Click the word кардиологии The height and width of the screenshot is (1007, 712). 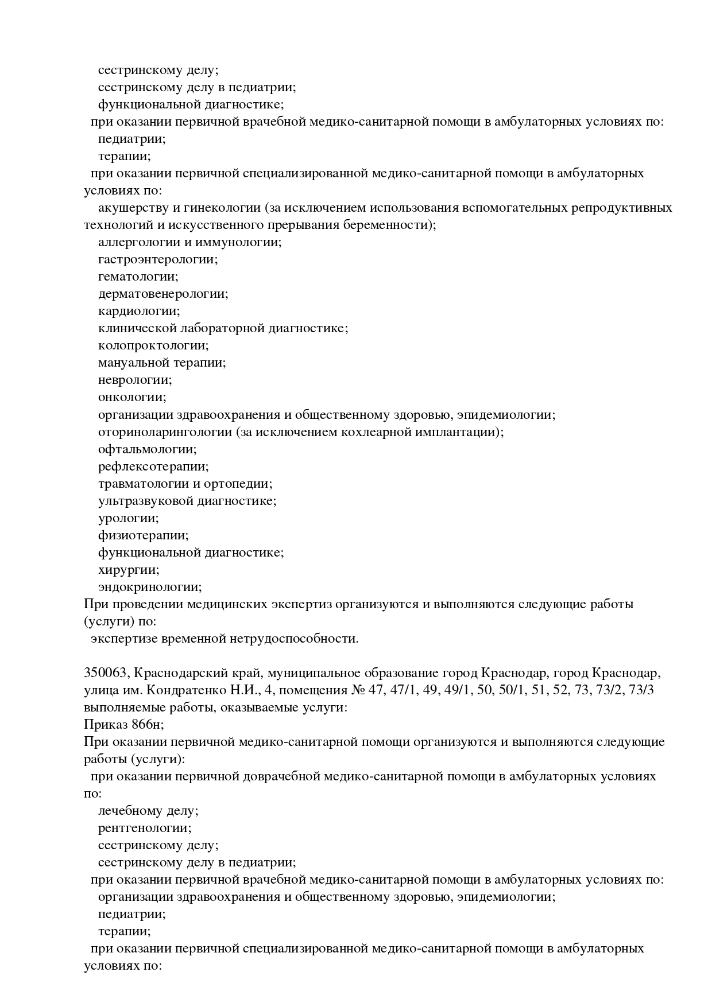[138, 311]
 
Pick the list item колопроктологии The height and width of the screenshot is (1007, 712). [153, 345]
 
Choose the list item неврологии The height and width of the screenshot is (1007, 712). [134, 380]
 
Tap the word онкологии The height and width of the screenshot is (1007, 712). [131, 397]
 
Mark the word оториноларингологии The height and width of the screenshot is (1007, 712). [164, 431]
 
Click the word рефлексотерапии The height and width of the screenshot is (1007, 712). [153, 466]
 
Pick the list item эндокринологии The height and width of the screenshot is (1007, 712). [149, 587]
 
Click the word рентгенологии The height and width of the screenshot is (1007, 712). [144, 828]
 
